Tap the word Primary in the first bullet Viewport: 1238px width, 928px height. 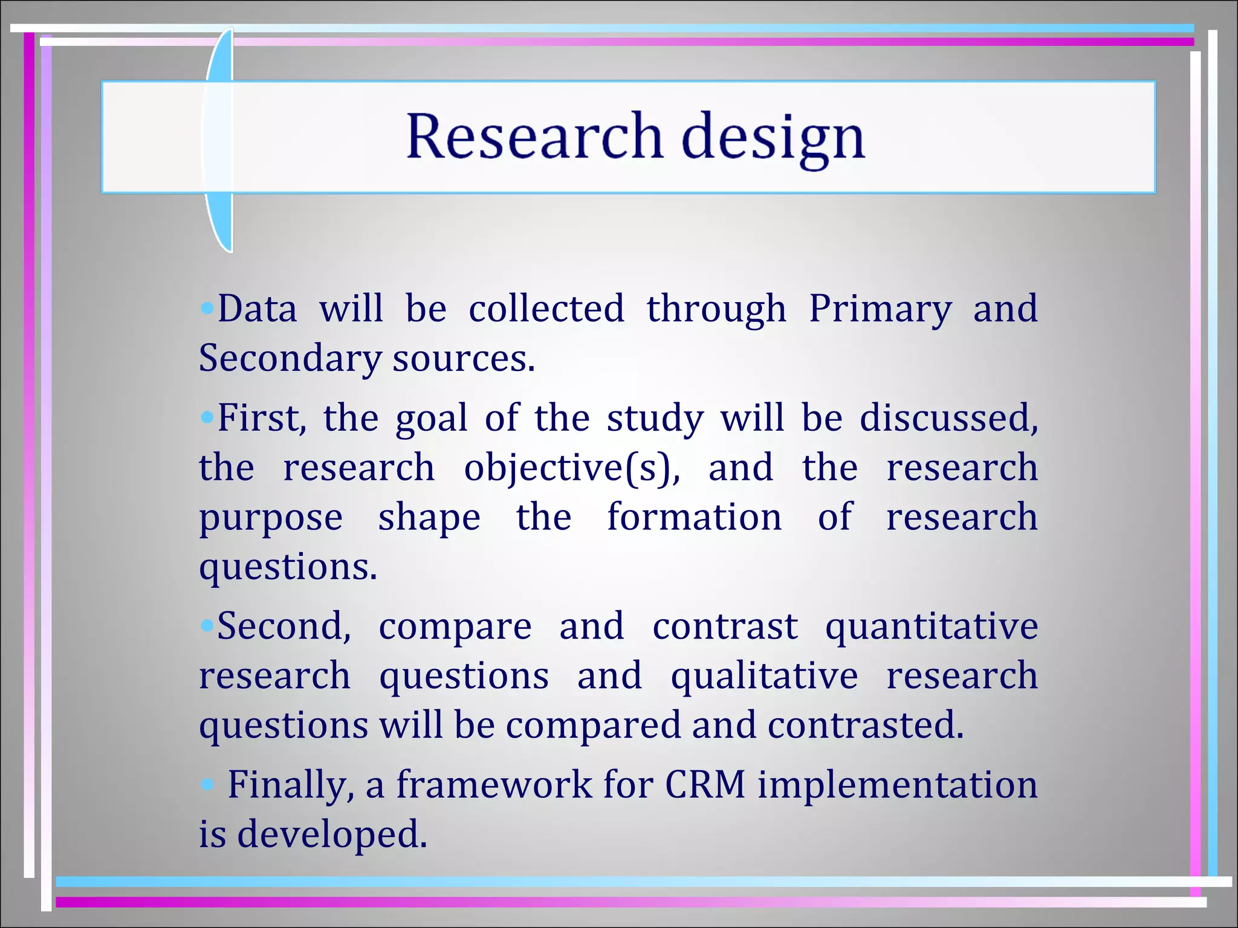point(880,309)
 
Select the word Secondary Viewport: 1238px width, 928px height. point(290,359)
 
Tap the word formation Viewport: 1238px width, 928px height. point(694,517)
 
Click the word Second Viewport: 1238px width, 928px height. point(284,626)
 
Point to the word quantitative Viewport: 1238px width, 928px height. point(932,627)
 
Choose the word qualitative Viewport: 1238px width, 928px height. point(764,677)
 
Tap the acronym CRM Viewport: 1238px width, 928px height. point(705,785)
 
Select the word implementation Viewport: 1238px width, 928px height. point(897,785)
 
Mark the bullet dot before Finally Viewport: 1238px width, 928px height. point(207,785)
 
